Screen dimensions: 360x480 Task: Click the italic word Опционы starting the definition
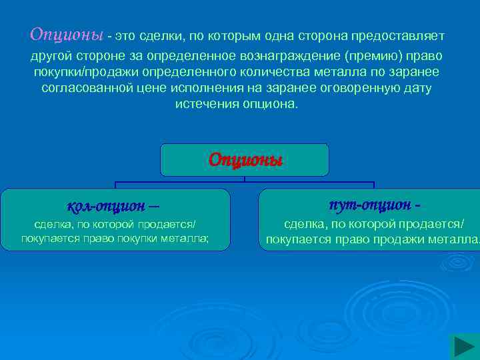[67, 34]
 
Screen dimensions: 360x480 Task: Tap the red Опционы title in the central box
[245, 161]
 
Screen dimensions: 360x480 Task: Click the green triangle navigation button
[463, 347]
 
